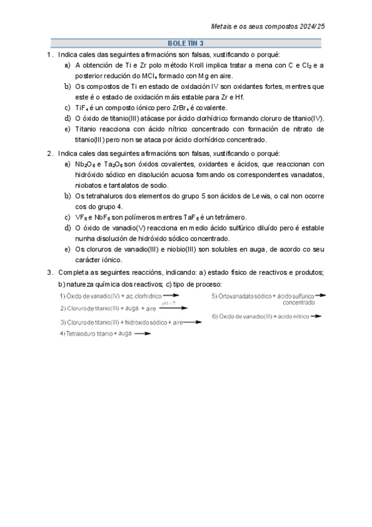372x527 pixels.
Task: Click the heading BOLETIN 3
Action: [186, 44]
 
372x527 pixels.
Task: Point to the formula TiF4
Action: [84, 107]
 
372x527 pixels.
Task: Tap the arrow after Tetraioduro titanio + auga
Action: [143, 334]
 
